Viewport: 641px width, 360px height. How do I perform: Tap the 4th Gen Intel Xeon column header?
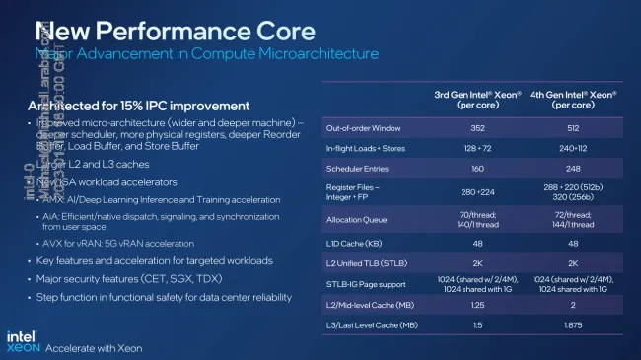click(573, 100)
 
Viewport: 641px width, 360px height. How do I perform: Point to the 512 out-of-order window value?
click(573, 126)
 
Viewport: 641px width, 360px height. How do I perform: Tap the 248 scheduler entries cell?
click(573, 168)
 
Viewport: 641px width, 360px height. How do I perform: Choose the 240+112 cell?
click(573, 147)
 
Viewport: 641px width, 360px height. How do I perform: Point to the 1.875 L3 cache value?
click(573, 324)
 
